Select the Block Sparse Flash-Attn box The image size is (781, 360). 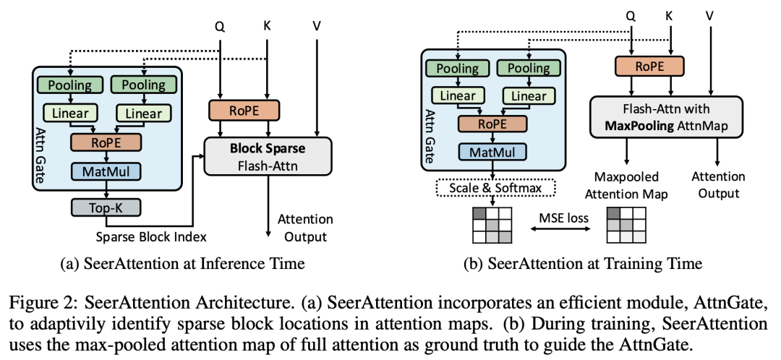tap(268, 155)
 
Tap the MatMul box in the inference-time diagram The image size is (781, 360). tap(106, 171)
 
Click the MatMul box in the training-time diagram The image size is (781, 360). tap(494, 151)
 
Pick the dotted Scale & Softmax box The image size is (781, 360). tap(495, 188)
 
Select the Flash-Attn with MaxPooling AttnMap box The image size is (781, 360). tap(666, 117)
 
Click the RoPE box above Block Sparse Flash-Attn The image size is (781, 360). tap(244, 111)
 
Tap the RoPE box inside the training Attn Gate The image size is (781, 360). tap(494, 124)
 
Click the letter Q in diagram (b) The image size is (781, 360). tap(631, 17)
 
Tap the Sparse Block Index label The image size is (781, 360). tap(151, 236)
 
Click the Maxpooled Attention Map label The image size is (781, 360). tap(627, 184)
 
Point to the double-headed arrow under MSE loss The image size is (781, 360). tap(559, 229)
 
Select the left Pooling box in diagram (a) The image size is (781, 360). tap(70, 85)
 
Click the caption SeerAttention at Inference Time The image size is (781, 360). tap(182, 263)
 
